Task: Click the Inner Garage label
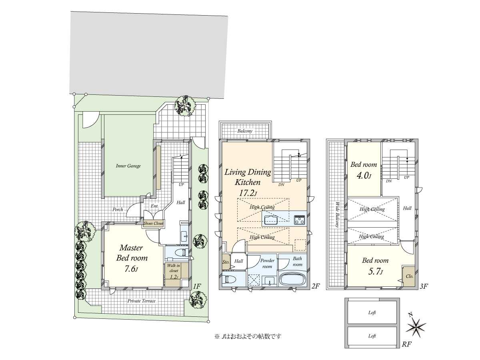128,166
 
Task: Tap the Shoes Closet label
153,223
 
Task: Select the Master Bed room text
132,253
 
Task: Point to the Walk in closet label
174,268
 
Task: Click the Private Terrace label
142,301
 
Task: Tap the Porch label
118,210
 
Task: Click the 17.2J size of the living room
248,193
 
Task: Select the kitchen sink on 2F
271,220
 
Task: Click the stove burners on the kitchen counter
299,220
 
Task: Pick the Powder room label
267,263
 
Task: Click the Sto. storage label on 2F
226,262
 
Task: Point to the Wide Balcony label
337,214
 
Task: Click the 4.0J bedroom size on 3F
364,176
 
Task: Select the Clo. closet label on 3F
409,276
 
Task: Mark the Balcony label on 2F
245,131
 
